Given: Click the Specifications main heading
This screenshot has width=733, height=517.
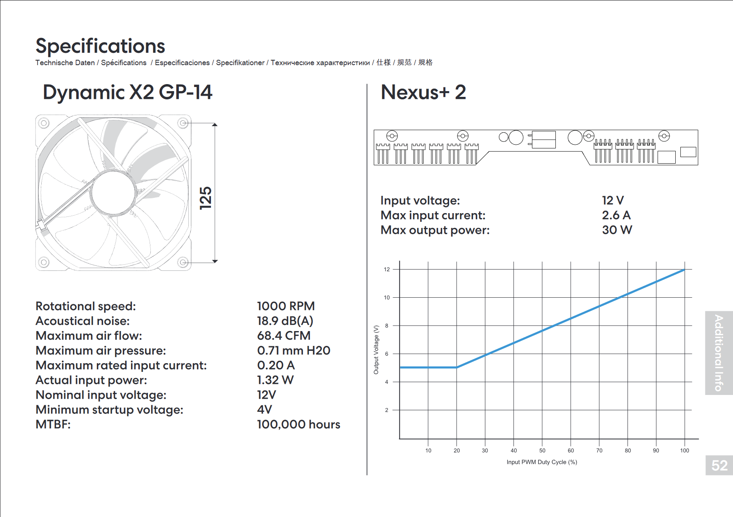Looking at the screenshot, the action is point(100,46).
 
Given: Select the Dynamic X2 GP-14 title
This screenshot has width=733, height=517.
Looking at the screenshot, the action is point(128,92).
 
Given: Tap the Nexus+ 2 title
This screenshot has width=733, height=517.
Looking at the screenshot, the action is point(423,92).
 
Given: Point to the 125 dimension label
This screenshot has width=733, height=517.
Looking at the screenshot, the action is point(206,198).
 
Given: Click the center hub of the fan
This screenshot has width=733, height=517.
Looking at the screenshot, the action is point(114,193).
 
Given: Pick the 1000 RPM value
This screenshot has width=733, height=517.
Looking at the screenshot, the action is point(286,306).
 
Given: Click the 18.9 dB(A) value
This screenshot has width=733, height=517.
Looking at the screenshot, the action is point(285,321).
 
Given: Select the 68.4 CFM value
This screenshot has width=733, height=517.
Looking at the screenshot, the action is point(284,336).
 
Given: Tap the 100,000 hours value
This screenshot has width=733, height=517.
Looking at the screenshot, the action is point(299,424).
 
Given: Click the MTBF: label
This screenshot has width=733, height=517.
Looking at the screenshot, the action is point(53,424).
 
